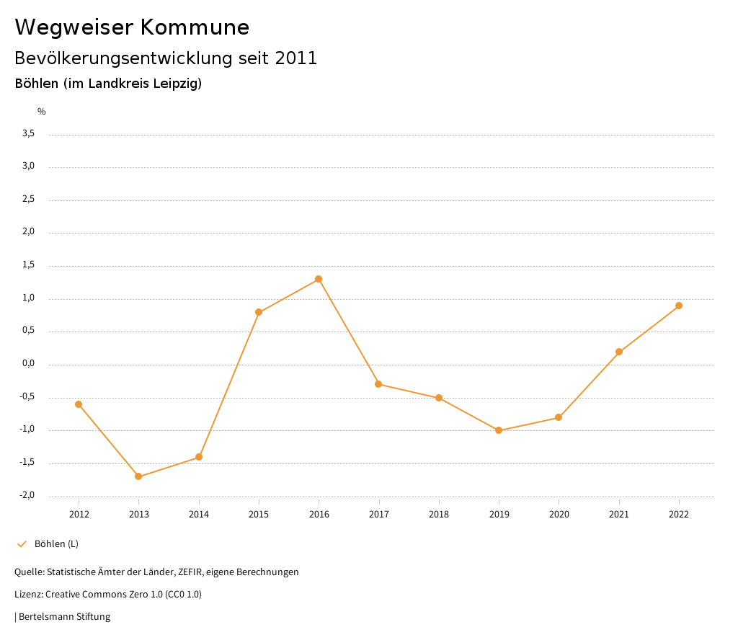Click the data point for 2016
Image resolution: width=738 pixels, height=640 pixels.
(319, 279)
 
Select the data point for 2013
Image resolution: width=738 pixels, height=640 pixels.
(138, 476)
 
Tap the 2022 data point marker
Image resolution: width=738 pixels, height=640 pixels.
(679, 306)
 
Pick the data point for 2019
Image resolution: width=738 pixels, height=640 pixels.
(499, 430)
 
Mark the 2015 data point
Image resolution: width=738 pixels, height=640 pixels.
(259, 312)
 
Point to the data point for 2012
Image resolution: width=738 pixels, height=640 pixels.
(79, 404)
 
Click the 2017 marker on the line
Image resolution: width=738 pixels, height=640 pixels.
(378, 384)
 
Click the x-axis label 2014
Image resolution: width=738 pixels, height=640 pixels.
(199, 515)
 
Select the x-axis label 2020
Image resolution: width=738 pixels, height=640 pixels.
(559, 515)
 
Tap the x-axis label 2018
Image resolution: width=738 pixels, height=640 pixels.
(439, 515)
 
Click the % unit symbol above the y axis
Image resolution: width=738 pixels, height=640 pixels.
(42, 112)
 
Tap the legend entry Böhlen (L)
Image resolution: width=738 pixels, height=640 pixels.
(56, 543)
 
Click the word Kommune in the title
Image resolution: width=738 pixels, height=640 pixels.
(195, 27)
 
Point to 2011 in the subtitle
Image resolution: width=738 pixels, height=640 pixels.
(296, 58)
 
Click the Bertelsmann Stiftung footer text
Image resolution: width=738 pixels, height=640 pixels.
(64, 617)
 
